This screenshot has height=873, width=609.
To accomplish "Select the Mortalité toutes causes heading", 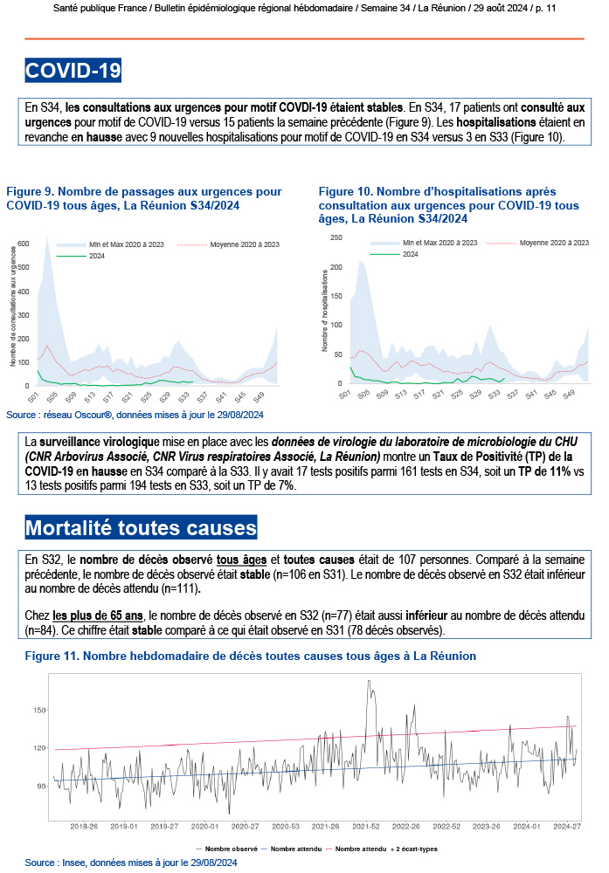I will point(142,528).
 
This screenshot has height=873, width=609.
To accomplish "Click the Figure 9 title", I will point(143,197).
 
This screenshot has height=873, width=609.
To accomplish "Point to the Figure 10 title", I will point(448,205).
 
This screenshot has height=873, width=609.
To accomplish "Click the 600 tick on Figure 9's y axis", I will point(24,243).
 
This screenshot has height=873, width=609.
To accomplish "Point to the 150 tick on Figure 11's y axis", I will point(40,710).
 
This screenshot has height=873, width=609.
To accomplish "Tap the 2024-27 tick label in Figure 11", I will point(568,825).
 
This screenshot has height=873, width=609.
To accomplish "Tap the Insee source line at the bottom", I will point(131,862).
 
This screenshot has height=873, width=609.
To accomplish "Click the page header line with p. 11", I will point(304,8).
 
